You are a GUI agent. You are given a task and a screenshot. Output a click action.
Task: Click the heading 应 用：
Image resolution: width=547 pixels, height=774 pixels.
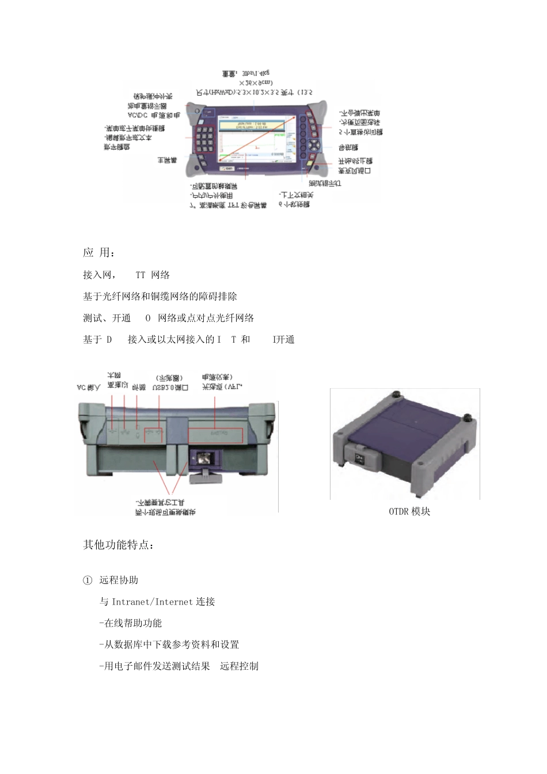99,252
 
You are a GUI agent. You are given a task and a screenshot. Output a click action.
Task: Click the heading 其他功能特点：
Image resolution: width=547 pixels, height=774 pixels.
118,545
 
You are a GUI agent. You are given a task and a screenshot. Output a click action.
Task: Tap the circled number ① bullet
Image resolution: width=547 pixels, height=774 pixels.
88,580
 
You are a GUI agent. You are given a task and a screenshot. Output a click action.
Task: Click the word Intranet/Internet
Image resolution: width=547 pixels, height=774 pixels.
152,602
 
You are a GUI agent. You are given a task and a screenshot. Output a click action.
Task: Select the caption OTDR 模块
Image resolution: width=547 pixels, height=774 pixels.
409,511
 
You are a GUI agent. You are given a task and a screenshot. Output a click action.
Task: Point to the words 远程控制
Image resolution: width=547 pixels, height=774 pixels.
239,666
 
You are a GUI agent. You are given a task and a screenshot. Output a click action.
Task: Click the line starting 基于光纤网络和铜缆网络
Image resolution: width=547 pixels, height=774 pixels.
160,297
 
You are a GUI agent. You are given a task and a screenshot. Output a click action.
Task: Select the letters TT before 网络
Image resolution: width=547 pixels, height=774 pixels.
140,275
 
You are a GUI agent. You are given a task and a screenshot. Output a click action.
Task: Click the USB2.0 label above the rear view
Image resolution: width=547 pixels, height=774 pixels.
170,388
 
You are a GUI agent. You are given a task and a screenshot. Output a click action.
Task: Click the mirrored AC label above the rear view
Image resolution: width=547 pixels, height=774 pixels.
89,388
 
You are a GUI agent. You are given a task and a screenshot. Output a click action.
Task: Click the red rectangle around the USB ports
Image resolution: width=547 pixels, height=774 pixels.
153,435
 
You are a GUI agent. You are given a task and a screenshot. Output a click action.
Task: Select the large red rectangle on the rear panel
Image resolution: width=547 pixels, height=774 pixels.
215,435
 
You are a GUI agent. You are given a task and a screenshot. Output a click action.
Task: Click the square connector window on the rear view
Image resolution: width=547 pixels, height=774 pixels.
204,459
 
